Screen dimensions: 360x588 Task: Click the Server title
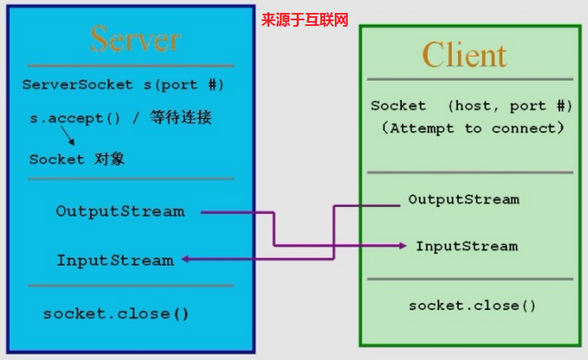tap(135, 38)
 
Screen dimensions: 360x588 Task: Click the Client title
tap(464, 55)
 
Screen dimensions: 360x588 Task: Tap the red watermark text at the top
tap(304, 19)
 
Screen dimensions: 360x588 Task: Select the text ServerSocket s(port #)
tap(123, 84)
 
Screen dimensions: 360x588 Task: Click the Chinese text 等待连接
tap(180, 117)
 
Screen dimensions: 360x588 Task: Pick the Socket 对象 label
tap(77, 159)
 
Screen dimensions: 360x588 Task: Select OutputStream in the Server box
tap(120, 212)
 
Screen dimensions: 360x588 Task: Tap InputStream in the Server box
tap(115, 260)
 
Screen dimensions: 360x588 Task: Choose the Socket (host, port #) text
tap(472, 106)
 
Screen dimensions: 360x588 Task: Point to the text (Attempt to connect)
tap(472, 128)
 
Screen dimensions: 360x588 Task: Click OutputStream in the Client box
tap(463, 199)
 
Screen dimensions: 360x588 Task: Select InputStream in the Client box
tap(467, 246)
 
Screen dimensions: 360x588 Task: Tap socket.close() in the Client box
tap(472, 306)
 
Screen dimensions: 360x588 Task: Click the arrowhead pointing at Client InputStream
tap(402, 245)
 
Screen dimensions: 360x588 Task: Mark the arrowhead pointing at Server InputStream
tap(185, 260)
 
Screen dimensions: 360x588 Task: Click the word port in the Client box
tap(527, 106)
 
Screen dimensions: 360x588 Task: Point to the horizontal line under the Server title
tap(129, 66)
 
